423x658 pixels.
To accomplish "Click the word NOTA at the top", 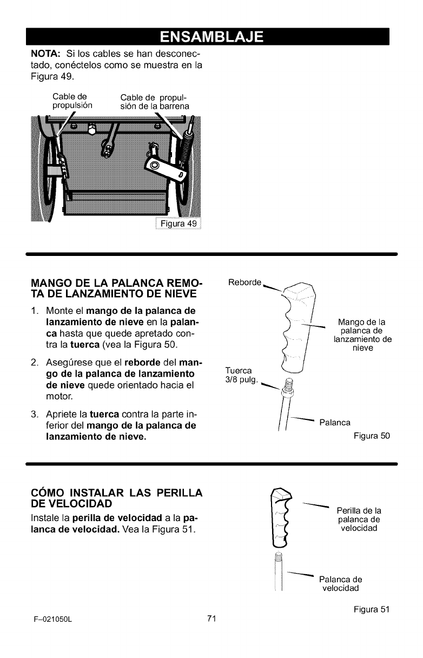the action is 39,56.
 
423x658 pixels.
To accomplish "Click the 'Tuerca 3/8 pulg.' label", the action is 237,374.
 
